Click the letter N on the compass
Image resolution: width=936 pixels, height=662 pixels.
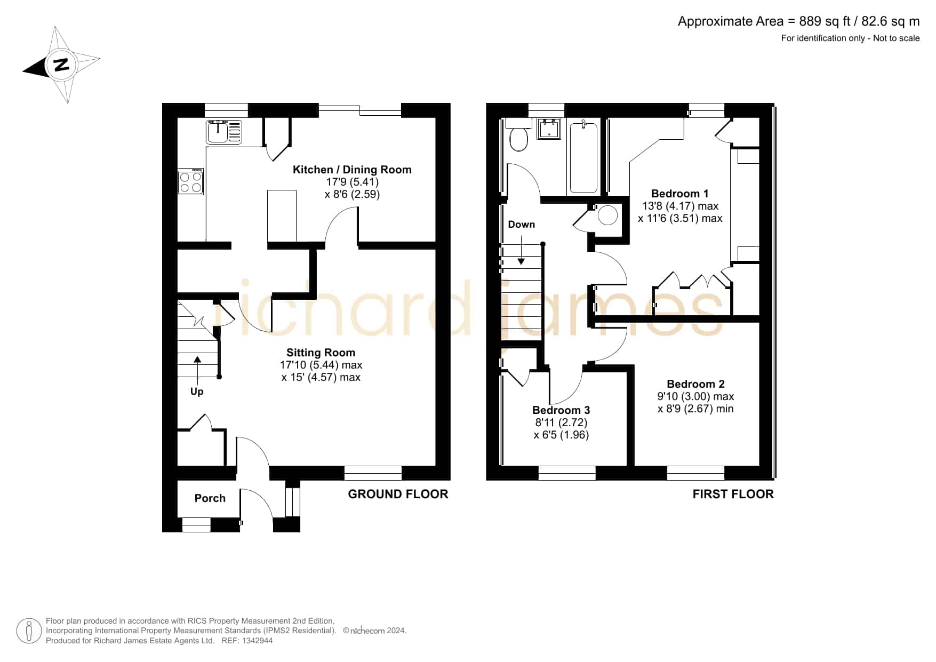click(x=61, y=65)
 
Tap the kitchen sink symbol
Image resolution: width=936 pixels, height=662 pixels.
click(x=225, y=132)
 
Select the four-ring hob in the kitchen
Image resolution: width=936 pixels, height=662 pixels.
click(x=191, y=181)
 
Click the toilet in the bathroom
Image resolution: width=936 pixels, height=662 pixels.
click(x=518, y=137)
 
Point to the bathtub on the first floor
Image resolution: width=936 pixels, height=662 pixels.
click(x=583, y=157)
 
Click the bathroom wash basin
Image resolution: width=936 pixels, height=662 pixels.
click(x=549, y=129)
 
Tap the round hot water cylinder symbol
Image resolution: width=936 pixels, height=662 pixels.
click(x=608, y=216)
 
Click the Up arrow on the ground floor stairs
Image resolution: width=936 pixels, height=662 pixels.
click(x=197, y=370)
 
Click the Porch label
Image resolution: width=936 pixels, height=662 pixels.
click(x=210, y=498)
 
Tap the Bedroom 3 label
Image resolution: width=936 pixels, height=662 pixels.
click(x=561, y=410)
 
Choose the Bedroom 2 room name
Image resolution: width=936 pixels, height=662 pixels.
click(x=695, y=384)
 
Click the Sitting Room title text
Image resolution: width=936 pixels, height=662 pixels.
click(x=321, y=353)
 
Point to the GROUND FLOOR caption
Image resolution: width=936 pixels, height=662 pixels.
click(x=398, y=494)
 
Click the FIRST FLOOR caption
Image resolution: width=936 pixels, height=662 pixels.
click(x=733, y=494)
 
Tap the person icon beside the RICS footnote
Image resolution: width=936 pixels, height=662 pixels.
click(x=29, y=631)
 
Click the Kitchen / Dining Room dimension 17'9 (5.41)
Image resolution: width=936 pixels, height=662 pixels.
click(x=353, y=182)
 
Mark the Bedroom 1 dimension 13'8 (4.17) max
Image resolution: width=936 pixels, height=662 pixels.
click(x=680, y=206)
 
